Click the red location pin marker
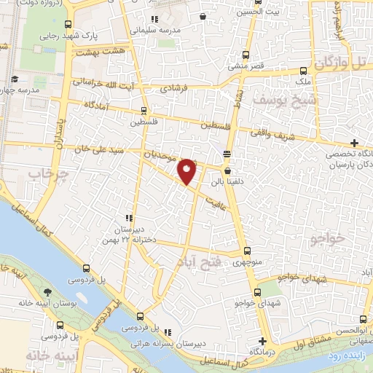[188, 171]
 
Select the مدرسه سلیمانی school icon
[153, 19]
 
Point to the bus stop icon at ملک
[304, 71]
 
